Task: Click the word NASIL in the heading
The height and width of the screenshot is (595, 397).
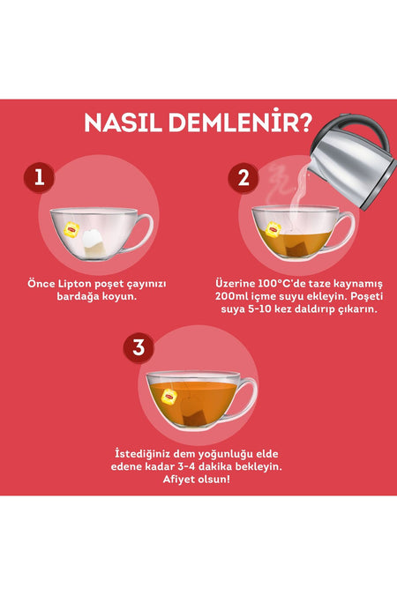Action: (123, 123)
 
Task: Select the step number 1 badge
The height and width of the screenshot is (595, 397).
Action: (39, 177)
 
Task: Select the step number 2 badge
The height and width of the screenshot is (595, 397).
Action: (243, 178)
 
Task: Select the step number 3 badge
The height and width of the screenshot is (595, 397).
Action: (139, 347)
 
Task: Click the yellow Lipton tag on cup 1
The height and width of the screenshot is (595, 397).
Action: (71, 229)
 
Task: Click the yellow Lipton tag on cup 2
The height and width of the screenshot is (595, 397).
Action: (273, 229)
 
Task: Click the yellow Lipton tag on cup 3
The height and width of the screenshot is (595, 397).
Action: (169, 397)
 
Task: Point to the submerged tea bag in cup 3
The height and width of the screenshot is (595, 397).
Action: (194, 413)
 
